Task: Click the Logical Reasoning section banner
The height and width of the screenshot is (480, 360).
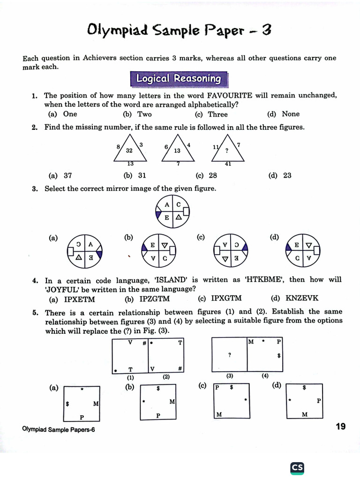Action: point(178,79)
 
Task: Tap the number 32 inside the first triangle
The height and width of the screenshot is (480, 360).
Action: point(130,150)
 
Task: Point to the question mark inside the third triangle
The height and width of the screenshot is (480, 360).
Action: point(227,151)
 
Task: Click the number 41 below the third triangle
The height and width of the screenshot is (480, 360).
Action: point(228,164)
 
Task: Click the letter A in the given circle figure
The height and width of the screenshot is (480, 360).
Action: point(167,205)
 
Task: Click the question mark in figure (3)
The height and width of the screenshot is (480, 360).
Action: point(229,355)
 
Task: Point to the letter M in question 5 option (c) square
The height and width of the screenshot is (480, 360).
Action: point(219,414)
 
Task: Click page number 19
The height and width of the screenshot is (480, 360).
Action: point(340,426)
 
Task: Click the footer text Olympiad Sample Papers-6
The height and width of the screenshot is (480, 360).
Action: point(58,429)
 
